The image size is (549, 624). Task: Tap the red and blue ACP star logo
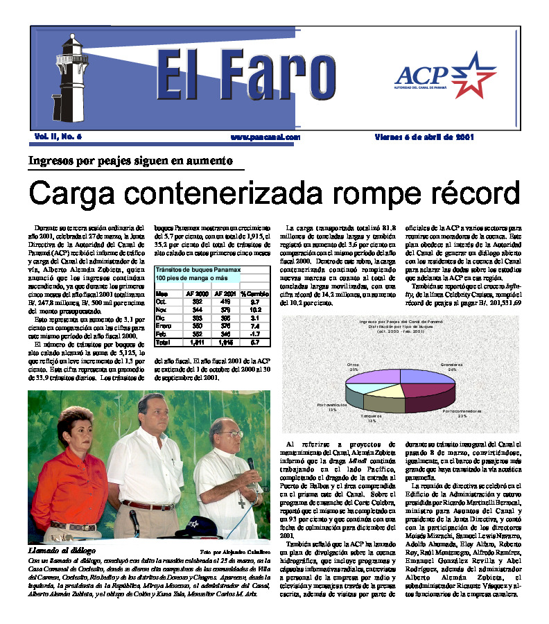point(470,74)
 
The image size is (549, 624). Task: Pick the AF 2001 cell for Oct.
point(225,302)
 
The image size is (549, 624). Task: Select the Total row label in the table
point(163,342)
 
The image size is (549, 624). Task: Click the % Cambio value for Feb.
point(254,333)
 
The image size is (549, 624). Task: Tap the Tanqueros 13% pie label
point(372,418)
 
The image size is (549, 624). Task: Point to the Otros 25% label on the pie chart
point(354,367)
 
